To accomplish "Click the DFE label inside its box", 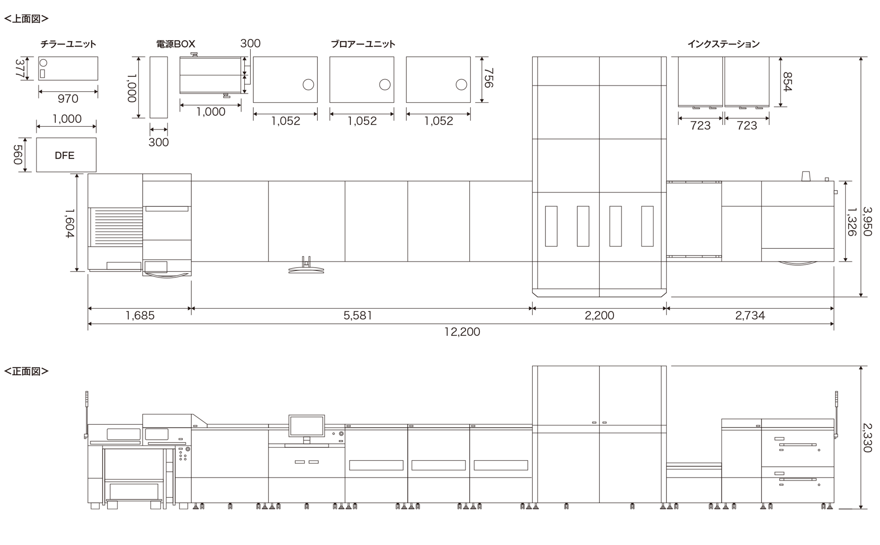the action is (65, 156).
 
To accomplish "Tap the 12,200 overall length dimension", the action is (462, 332).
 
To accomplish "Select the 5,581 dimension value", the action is (358, 315).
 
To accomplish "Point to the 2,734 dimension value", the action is (750, 315).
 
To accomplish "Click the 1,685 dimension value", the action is (140, 315).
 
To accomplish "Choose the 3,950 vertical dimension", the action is (867, 222).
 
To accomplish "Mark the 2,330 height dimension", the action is (867, 438).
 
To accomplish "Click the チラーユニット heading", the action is (68, 44).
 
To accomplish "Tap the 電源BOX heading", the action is (176, 44).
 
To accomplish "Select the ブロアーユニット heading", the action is (363, 44).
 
